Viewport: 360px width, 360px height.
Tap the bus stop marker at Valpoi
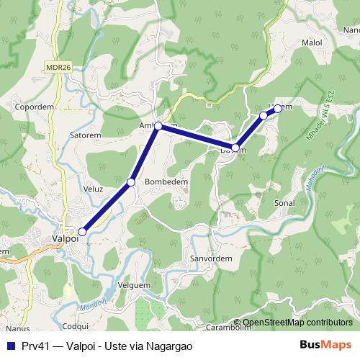pos(83,232)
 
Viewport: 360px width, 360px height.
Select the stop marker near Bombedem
pos(131,182)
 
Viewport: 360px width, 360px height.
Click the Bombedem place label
pos(166,182)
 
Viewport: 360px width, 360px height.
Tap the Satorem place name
pos(85,134)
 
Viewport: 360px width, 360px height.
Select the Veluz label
pos(94,189)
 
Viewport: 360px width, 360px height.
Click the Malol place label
pos(312,42)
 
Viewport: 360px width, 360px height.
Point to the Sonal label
pos(284,203)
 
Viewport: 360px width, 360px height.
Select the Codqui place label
pos(76,326)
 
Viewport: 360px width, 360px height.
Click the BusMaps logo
pos(325,345)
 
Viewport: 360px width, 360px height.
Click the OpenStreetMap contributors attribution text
pos(297,323)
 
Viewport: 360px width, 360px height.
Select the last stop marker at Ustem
pos(277,109)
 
